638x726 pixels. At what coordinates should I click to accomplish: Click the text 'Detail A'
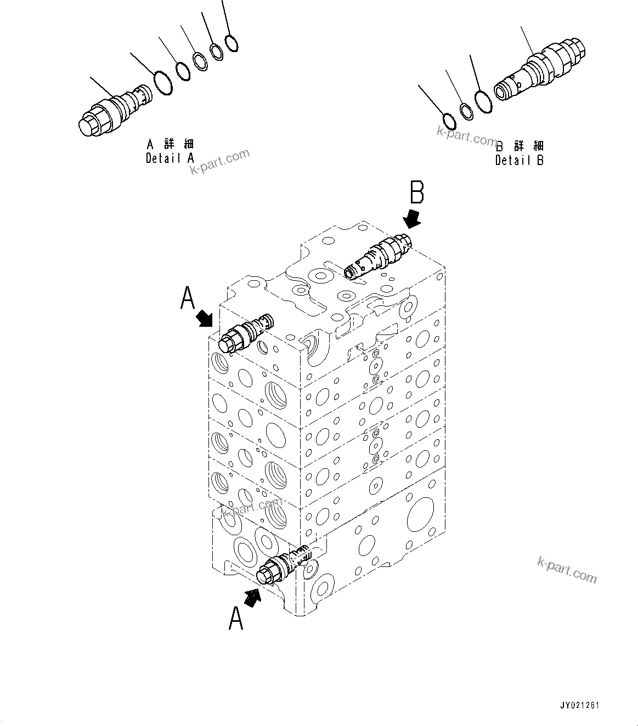170,158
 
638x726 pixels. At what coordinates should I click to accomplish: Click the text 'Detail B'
519,161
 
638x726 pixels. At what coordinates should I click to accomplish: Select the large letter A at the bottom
236,618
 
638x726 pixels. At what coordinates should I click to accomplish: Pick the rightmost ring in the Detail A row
232,43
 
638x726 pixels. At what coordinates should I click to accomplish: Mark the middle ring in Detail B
466,112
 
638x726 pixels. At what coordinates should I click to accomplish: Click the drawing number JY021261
580,706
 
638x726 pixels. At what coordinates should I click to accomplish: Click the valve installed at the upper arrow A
245,333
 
